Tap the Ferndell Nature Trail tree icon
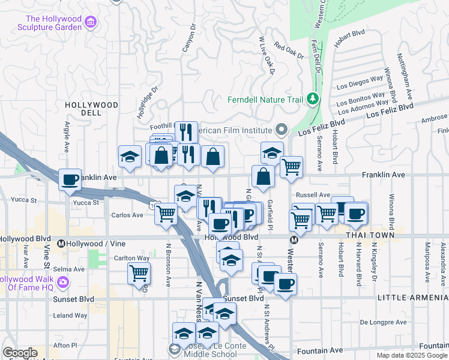[312, 98]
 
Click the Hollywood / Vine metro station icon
[61, 244]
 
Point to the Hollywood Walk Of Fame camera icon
[63, 281]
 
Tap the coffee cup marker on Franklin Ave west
[70, 179]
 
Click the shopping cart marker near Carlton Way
[139, 274]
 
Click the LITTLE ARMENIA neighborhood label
[412, 298]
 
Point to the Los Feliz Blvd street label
[390, 110]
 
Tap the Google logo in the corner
[19, 353]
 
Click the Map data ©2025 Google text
[411, 355]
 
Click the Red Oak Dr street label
[289, 50]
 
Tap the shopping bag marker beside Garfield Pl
[263, 177]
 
